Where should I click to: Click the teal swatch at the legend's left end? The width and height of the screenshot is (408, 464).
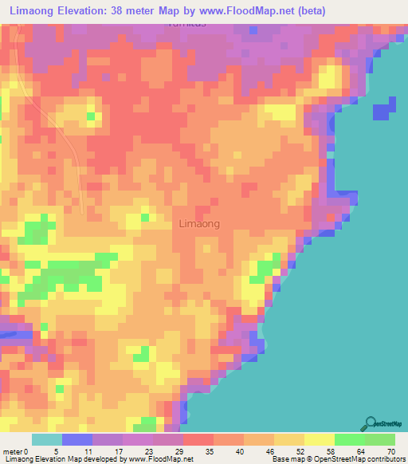(46, 439)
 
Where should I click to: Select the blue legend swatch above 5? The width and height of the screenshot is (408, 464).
(77, 439)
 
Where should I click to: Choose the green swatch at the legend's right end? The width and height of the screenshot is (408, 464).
(380, 439)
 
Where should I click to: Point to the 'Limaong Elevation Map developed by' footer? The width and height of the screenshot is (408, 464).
(64, 459)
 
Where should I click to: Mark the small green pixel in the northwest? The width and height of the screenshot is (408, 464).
(92, 117)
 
